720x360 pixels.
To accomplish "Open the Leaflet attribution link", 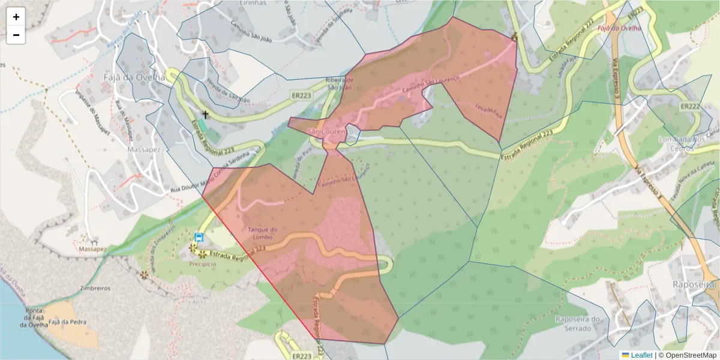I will (x=641, y=355).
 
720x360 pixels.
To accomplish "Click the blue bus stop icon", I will (x=199, y=238).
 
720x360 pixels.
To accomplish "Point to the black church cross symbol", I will (x=205, y=114).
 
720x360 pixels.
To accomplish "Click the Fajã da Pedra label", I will (x=67, y=322).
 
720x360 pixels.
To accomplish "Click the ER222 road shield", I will (x=691, y=106).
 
